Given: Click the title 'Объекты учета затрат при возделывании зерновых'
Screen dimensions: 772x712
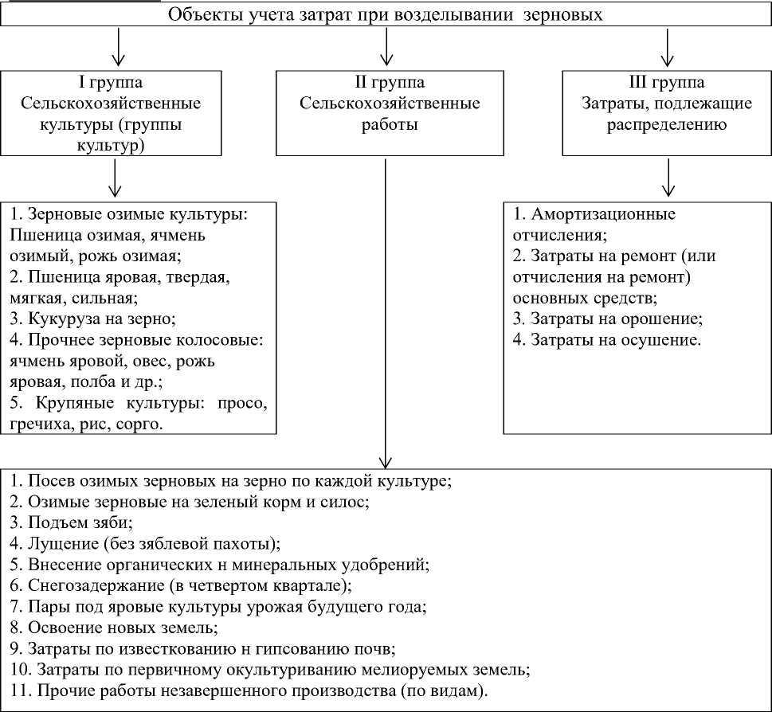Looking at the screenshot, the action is point(386,15).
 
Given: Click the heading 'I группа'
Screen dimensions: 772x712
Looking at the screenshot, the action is point(111,83).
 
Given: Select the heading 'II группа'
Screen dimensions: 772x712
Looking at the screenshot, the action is point(389,83).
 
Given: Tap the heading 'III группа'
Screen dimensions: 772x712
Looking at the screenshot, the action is point(666,83).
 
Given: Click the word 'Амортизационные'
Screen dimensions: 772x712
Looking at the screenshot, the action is point(599,214).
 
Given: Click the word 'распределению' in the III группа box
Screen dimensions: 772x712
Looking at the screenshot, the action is point(666,124).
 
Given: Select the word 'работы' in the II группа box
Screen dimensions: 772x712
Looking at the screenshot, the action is point(389,124).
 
